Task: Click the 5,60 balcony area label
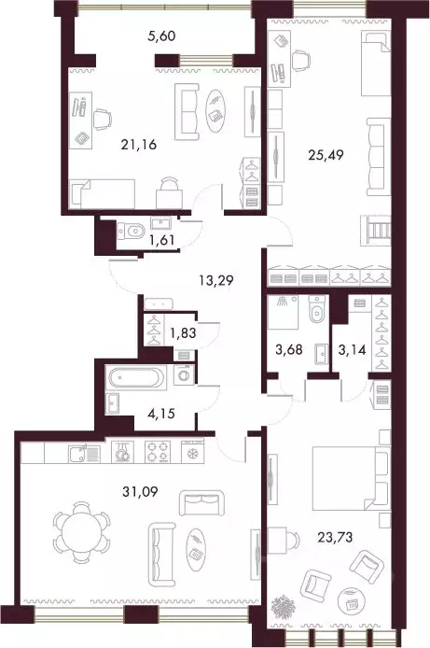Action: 161,36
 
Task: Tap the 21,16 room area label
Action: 139,145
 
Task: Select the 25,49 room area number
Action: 326,155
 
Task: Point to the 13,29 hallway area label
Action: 215,281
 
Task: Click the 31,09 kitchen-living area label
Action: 140,492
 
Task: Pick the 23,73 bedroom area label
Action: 335,537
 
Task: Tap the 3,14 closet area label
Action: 352,350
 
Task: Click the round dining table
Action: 81,531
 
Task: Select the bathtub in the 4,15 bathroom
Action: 136,377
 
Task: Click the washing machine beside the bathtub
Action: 184,374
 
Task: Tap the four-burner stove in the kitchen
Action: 158,451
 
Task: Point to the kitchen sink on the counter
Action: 84,454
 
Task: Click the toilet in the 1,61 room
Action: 132,231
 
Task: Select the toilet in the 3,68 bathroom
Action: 317,309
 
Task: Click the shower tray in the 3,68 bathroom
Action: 283,312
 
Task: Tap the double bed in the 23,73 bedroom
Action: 351,478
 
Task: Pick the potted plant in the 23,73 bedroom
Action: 283,606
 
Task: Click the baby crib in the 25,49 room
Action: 376,231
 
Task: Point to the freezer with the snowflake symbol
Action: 193,451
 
